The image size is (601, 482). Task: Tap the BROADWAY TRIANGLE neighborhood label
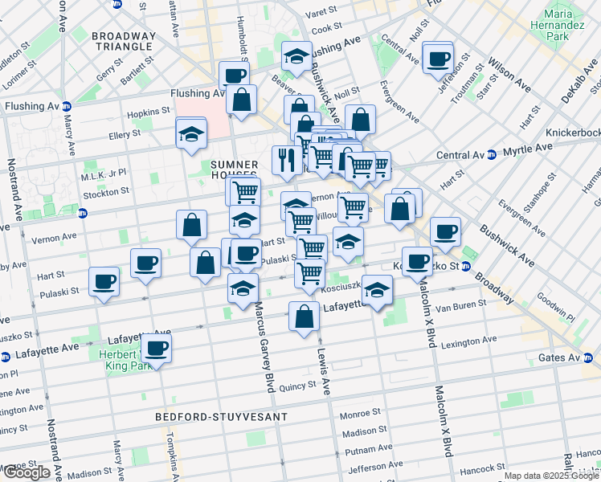pyautogui.click(x=123, y=41)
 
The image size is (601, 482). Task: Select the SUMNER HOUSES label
pyautogui.click(x=233, y=169)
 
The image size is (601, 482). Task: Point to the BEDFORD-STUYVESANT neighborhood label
pyautogui.click(x=208, y=418)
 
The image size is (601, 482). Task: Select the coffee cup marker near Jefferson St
pyautogui.click(x=438, y=59)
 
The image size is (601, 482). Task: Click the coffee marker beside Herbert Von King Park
pyautogui.click(x=157, y=348)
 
